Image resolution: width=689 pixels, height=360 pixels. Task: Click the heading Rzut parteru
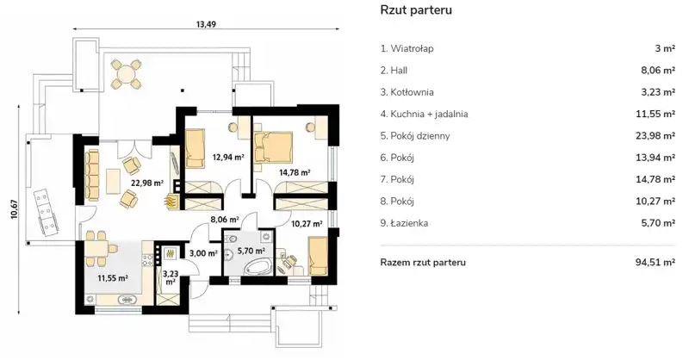point(416,10)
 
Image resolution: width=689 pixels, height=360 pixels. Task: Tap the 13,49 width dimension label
point(206,24)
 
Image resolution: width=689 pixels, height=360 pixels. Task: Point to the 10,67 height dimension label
point(15,209)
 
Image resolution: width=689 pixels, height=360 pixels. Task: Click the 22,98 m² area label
point(147,183)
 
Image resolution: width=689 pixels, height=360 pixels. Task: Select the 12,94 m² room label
point(228,156)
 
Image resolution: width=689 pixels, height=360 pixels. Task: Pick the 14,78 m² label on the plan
point(295,172)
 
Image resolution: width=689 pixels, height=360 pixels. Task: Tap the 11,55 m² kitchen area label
point(113,278)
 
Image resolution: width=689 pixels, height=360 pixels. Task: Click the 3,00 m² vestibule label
point(203,253)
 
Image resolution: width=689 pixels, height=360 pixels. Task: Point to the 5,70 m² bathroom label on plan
point(251,251)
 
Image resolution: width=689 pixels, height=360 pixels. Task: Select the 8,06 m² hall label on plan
point(225,219)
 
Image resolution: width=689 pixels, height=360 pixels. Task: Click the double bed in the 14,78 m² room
point(272,147)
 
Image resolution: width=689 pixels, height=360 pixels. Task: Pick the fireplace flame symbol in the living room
point(171,202)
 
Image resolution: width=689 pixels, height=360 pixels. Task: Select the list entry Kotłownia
point(407,92)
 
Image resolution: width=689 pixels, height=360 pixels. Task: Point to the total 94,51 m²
point(655,263)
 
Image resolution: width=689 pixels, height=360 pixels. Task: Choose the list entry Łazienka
point(404,223)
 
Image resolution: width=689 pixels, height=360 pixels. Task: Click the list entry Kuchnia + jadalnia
point(424,115)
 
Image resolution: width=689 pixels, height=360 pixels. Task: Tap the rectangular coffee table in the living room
point(114,182)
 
